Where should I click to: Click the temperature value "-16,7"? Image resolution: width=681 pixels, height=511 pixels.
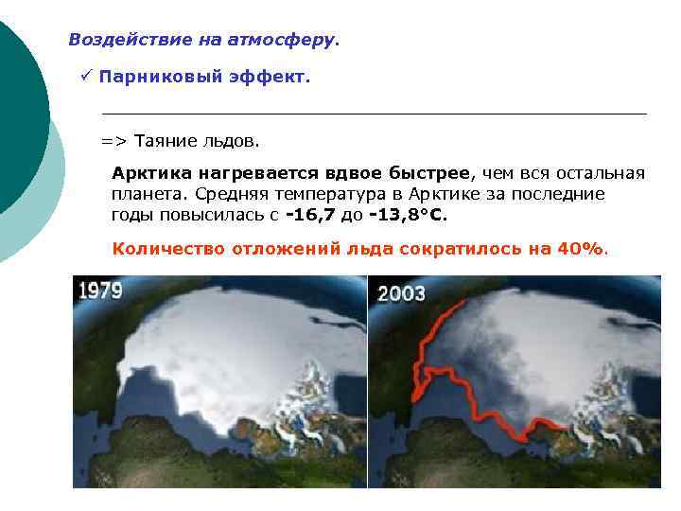(x=309, y=215)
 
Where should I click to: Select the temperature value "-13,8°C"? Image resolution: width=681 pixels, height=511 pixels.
(x=408, y=215)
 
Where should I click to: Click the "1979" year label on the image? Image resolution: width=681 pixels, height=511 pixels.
(x=100, y=290)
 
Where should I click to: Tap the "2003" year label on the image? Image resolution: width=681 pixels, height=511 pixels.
(x=402, y=292)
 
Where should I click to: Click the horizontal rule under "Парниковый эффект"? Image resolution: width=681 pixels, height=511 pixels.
(x=374, y=114)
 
